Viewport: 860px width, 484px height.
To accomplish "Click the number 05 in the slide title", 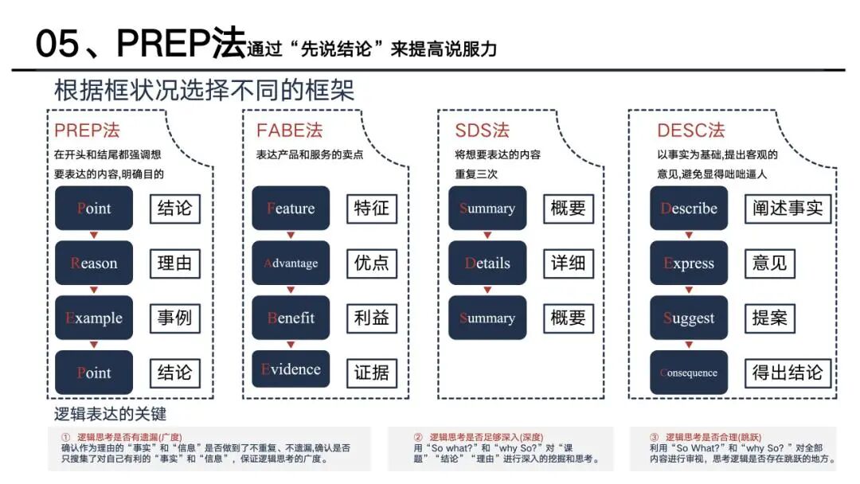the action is click(57, 43).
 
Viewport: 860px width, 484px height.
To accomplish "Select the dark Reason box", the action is click(94, 263).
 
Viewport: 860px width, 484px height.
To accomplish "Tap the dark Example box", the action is click(94, 318).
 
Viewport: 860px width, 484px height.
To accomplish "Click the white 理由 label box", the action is click(175, 263).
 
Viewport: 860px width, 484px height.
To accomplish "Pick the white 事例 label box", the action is click(175, 318).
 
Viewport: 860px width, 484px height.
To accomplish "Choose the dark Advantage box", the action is click(291, 263).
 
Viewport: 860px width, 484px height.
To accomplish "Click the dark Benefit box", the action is click(291, 318).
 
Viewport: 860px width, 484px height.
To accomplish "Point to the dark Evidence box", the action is click(291, 369).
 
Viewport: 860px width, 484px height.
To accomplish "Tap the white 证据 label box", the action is click(371, 373).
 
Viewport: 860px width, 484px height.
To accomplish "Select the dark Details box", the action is click(487, 263).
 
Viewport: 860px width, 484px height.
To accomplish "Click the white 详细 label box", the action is click(569, 263).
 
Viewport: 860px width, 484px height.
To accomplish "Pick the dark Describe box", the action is click(689, 208).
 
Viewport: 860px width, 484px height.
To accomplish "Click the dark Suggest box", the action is click(689, 318).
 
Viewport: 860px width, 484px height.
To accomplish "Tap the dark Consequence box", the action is click(689, 373).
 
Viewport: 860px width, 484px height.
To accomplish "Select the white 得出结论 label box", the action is click(788, 373).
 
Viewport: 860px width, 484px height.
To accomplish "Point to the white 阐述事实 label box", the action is click(788, 209).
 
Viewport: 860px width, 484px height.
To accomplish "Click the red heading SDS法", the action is click(482, 131).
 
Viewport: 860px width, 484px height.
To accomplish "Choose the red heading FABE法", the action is click(289, 131).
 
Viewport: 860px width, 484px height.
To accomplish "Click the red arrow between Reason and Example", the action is click(94, 290).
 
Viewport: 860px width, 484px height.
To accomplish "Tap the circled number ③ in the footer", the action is click(654, 437).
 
